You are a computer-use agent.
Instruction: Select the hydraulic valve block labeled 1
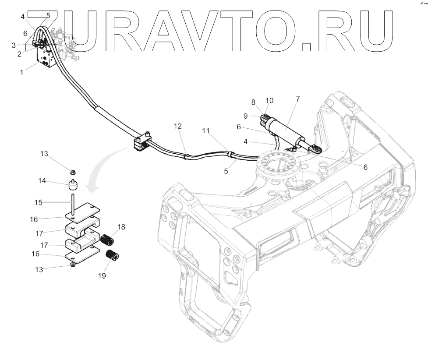pos(47,59)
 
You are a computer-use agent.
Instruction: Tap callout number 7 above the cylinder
pos(298,99)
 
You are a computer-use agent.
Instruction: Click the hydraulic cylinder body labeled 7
pos(285,131)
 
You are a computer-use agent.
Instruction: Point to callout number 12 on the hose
pos(177,126)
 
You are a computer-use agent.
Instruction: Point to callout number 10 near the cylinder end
pos(269,100)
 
